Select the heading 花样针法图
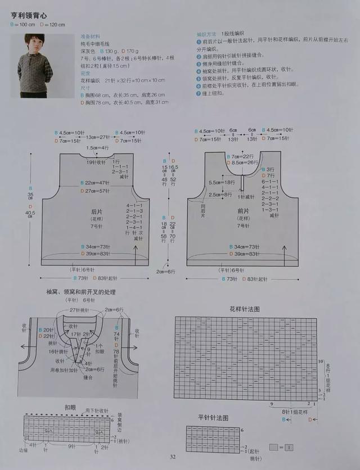[245, 309]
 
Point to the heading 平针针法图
[213, 418]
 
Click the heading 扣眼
[70, 406]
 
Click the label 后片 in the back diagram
[97, 212]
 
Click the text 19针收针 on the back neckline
[96, 162]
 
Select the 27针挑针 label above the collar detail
[80, 310]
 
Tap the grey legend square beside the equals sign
[273, 448]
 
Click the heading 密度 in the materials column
[85, 73]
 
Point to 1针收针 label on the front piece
[246, 197]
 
